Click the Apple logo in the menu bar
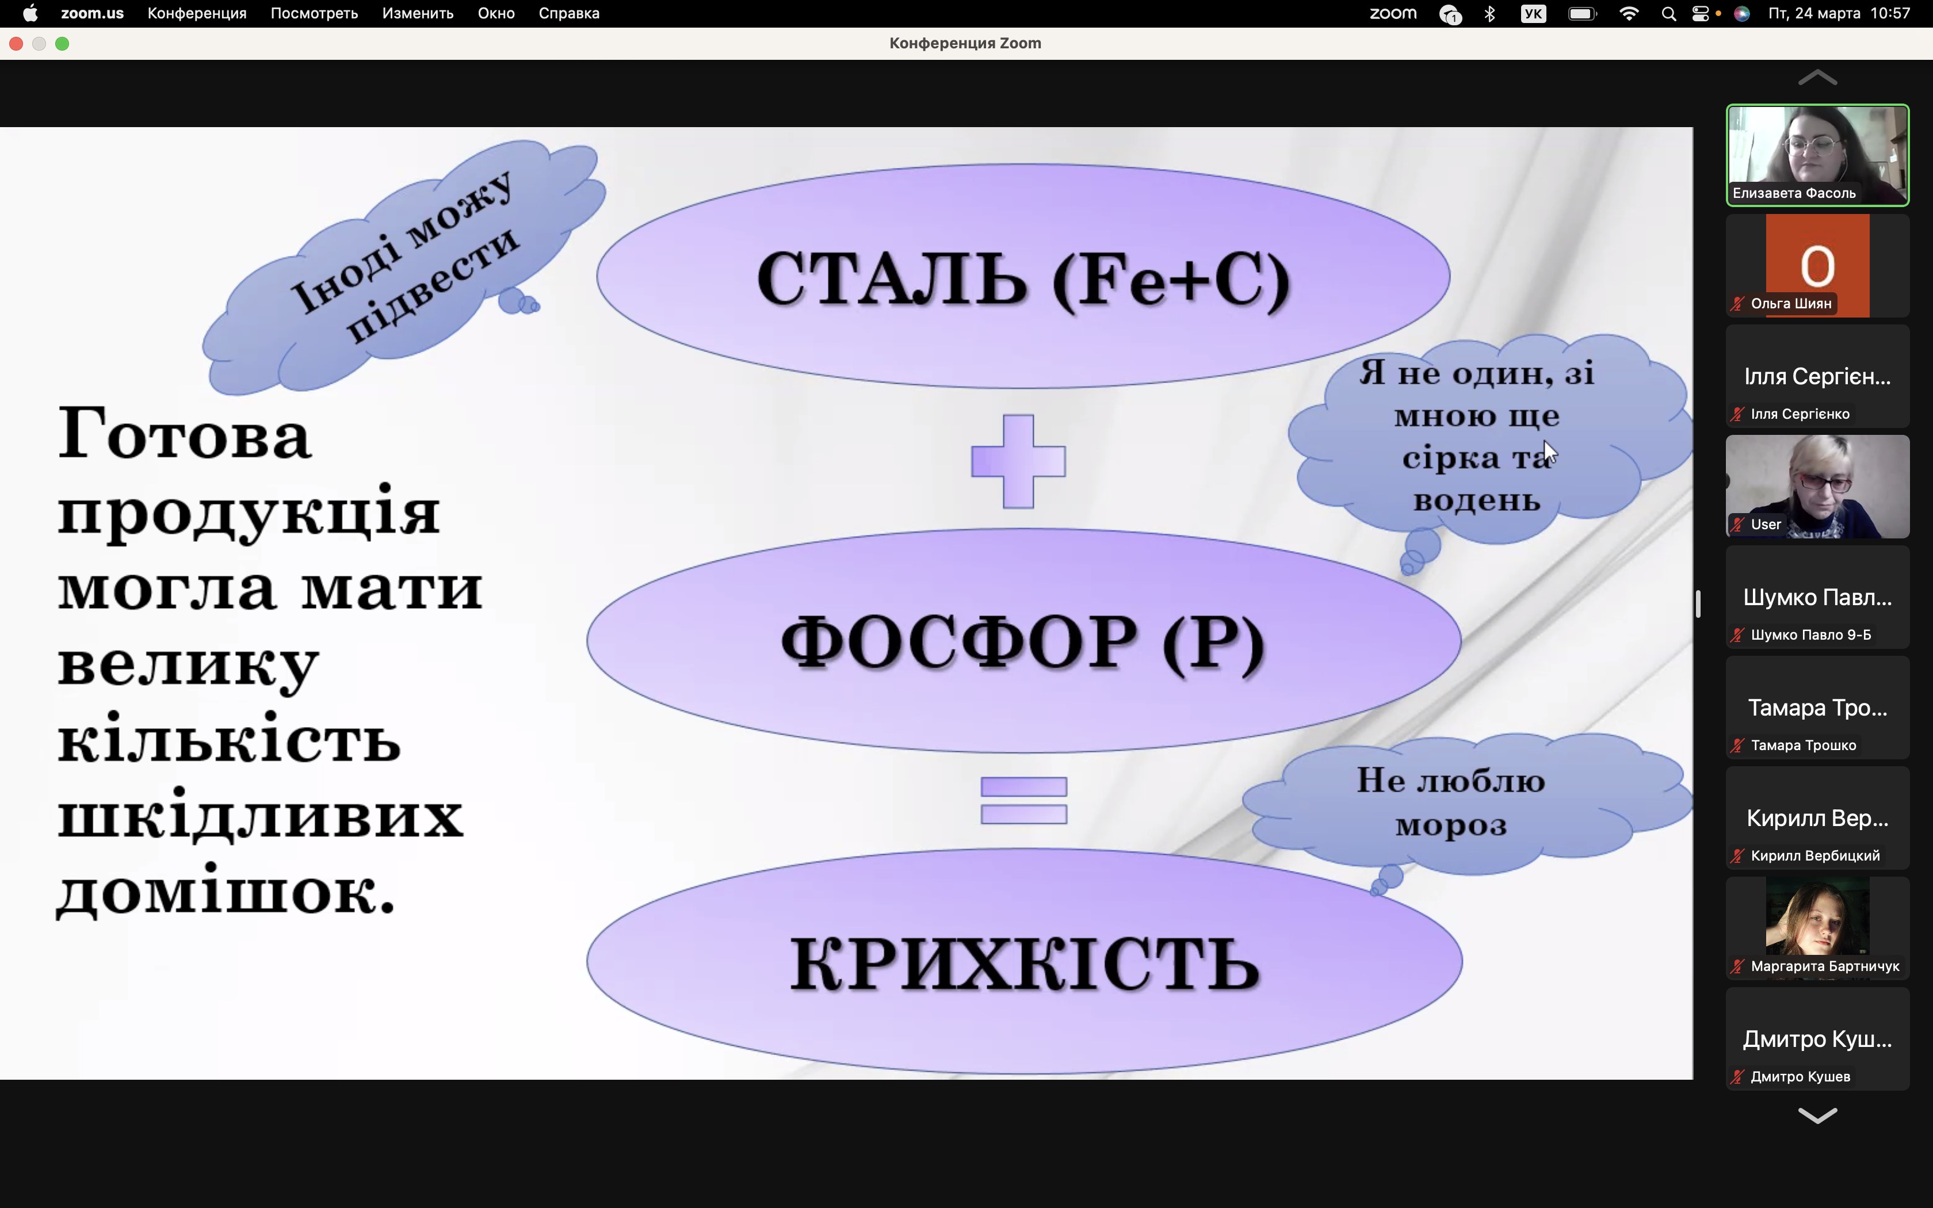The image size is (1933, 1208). click(x=30, y=14)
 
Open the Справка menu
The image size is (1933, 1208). click(x=569, y=14)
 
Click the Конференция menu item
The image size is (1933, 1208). click(x=197, y=14)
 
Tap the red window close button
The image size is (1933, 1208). click(x=16, y=44)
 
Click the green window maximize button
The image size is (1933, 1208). click(x=62, y=44)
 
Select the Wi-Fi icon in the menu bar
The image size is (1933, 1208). click(x=1629, y=14)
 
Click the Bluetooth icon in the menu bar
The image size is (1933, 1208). click(x=1489, y=14)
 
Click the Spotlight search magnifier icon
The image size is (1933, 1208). click(x=1668, y=14)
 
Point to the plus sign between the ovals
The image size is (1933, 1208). click(x=1018, y=461)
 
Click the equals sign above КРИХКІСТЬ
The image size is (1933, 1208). click(x=1024, y=800)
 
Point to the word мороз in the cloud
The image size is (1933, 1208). click(x=1451, y=825)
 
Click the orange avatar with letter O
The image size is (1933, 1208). click(x=1817, y=265)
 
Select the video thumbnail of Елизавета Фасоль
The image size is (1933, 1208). click(x=1817, y=155)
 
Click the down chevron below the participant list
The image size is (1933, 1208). click(x=1817, y=1115)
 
